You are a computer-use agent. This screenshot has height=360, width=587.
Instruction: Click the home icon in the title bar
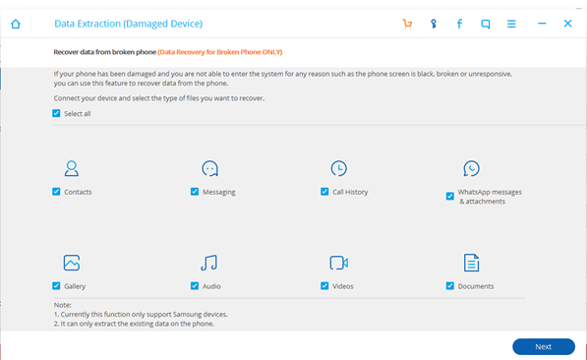click(x=16, y=24)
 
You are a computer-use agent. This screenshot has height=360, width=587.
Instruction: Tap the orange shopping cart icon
click(x=407, y=24)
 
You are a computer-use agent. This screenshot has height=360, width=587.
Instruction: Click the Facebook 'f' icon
click(x=459, y=24)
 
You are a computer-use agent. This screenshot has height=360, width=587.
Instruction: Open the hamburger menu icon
click(x=511, y=24)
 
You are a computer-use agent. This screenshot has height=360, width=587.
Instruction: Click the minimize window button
click(x=542, y=24)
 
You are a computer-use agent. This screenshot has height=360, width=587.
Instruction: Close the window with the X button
click(x=567, y=24)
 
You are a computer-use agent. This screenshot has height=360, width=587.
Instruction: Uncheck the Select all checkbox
click(x=56, y=113)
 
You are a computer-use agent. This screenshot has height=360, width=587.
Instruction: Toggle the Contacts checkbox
click(x=56, y=192)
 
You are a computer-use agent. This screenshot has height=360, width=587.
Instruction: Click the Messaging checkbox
click(x=195, y=192)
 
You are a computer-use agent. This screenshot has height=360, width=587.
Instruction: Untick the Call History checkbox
click(x=324, y=192)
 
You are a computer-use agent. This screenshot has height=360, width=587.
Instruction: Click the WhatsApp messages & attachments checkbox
click(x=450, y=196)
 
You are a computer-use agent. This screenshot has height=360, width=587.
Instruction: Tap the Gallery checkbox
click(x=56, y=286)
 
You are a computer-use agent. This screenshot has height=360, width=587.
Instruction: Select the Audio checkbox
click(x=195, y=286)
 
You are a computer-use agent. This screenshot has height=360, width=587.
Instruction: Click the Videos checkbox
click(x=324, y=286)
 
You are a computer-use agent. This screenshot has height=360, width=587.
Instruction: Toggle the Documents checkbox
click(x=450, y=286)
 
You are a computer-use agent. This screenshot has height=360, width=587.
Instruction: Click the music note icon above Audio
click(x=208, y=263)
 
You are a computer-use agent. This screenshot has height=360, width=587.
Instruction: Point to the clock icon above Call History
click(x=339, y=168)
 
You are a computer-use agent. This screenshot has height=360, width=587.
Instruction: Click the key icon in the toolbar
click(x=434, y=24)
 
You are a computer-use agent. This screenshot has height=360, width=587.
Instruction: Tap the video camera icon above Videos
click(x=339, y=263)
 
